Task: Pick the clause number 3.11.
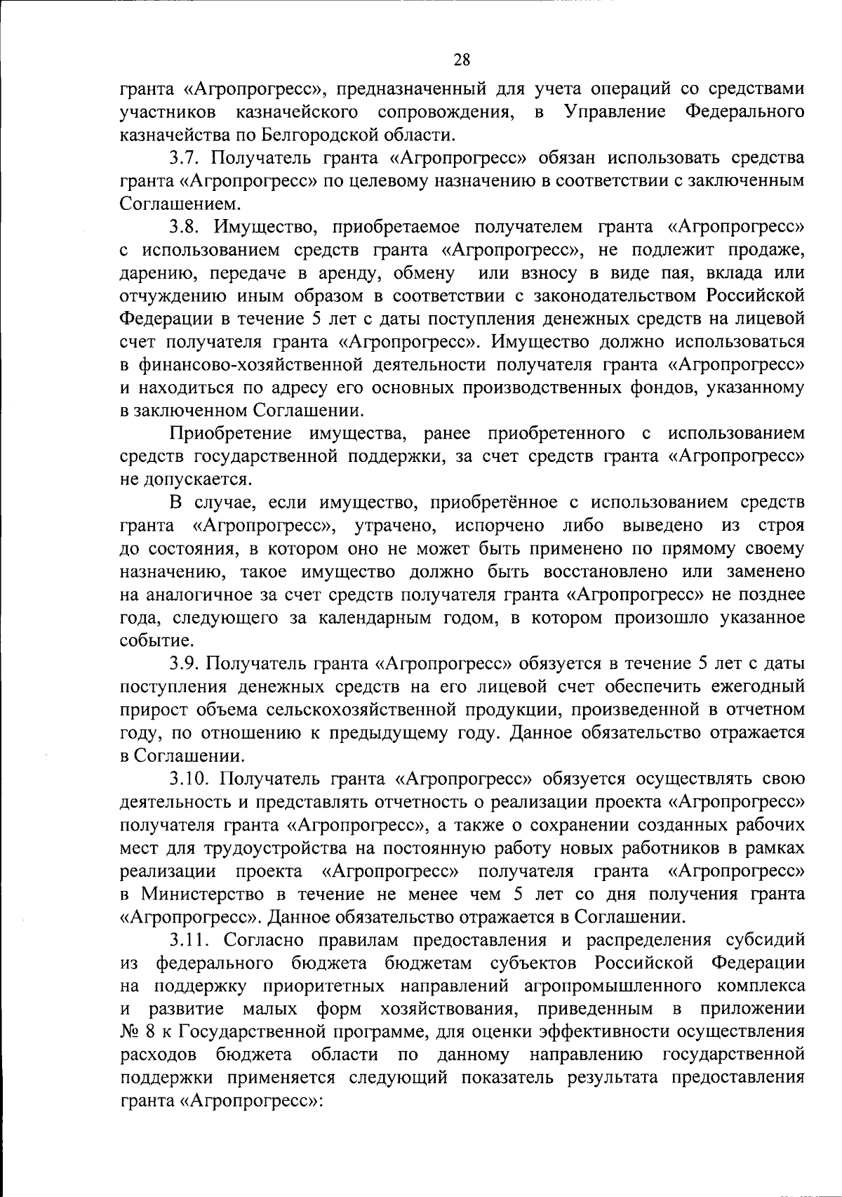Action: (x=189, y=940)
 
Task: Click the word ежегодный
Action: (x=747, y=686)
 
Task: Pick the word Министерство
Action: (x=203, y=894)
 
